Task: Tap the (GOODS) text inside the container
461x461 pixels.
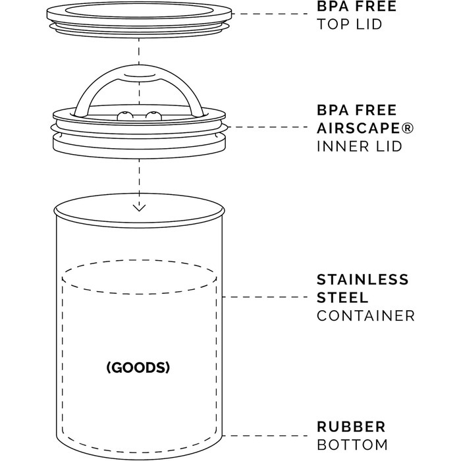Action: click(138, 367)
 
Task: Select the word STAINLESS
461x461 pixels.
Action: click(363, 280)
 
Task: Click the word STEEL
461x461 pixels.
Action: click(342, 298)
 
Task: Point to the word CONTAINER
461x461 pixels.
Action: click(366, 315)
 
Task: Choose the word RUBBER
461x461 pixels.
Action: click(351, 427)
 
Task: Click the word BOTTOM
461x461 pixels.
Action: click(352, 445)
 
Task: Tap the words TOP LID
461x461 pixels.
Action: click(349, 24)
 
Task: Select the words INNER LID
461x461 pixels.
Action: click(360, 146)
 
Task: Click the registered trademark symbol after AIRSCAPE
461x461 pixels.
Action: click(408, 128)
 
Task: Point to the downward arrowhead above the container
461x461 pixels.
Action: click(139, 207)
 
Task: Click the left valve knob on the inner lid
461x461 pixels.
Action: click(125, 116)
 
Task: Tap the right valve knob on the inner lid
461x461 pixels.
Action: click(153, 116)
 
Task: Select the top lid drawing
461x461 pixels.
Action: click(139, 19)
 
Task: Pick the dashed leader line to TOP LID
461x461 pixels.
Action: click(269, 14)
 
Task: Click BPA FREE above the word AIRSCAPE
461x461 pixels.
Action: click(357, 110)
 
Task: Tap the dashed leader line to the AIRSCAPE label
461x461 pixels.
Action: click(267, 127)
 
